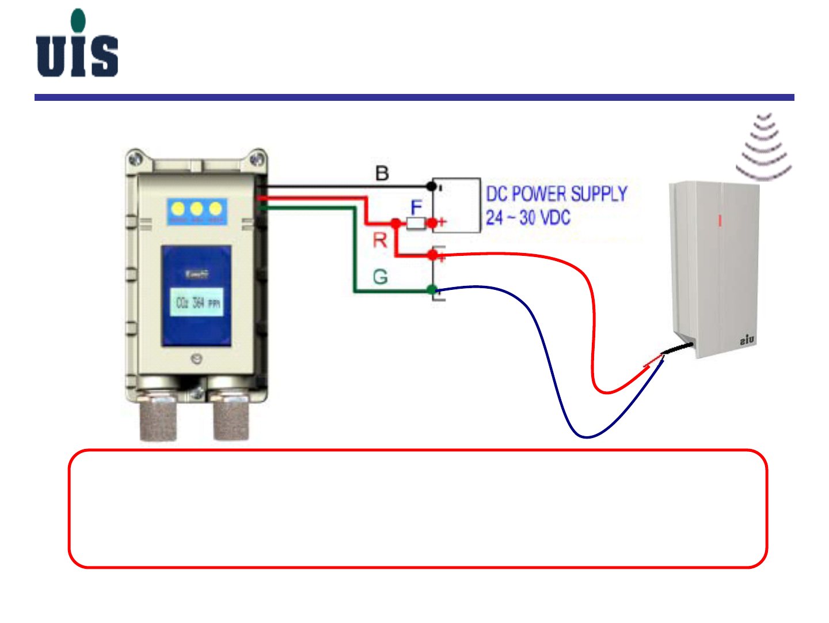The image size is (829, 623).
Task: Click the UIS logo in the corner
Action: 77,44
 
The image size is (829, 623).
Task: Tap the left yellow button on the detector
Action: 178,209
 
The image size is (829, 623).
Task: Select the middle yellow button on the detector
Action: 197,209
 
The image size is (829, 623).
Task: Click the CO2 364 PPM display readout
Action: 197,303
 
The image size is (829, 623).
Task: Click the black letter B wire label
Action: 382,173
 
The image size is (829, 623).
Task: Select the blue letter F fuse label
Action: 416,207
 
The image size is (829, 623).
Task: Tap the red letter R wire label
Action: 380,240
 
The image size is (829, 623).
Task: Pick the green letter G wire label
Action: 380,277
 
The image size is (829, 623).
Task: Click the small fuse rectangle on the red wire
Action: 416,223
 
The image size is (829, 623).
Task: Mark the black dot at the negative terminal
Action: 431,186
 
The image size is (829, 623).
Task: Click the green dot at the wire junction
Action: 432,290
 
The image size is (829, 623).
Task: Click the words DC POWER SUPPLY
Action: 556,194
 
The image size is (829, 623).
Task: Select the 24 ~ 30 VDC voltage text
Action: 527,218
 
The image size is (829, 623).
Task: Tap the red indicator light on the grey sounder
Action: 719,220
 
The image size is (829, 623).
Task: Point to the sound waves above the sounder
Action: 764,147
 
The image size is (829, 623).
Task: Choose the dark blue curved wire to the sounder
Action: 547,357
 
